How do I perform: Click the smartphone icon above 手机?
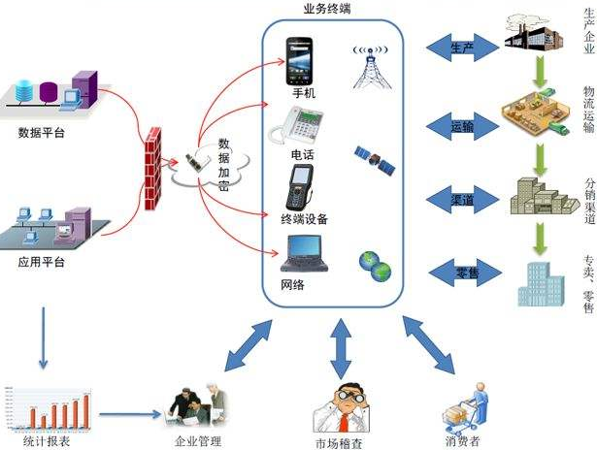click(299, 60)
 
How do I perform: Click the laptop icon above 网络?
click(301, 253)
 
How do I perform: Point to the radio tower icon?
click(370, 64)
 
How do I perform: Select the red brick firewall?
click(153, 157)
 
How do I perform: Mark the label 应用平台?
click(42, 262)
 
